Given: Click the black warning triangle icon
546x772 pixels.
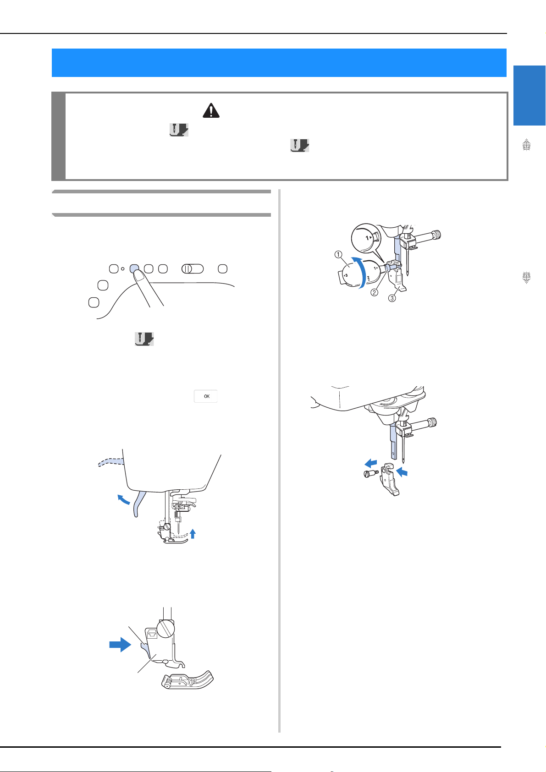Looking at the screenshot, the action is pyautogui.click(x=211, y=110).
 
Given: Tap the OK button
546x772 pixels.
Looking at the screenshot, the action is pyautogui.click(x=205, y=396).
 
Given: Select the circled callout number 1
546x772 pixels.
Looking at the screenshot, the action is pyautogui.click(x=338, y=255).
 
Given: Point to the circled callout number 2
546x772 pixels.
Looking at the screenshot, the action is pyautogui.click(x=374, y=292).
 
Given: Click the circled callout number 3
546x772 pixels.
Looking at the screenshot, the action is pyautogui.click(x=392, y=298).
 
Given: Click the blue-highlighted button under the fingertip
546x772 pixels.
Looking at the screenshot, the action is pyautogui.click(x=134, y=268).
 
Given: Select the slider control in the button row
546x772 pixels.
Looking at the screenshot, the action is pyautogui.click(x=193, y=268).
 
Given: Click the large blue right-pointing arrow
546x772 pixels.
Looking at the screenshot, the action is pyautogui.click(x=120, y=644).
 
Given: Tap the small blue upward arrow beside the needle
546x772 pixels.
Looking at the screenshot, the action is pyautogui.click(x=193, y=534).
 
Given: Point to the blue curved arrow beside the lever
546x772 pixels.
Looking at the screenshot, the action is pyautogui.click(x=123, y=499).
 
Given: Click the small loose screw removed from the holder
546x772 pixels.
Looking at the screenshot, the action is pyautogui.click(x=371, y=474).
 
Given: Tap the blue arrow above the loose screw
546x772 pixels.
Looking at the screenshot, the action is pyautogui.click(x=371, y=463).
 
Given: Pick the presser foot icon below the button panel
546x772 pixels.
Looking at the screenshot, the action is pyautogui.click(x=144, y=339).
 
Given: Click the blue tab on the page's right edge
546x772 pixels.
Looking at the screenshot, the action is pyautogui.click(x=529, y=95).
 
